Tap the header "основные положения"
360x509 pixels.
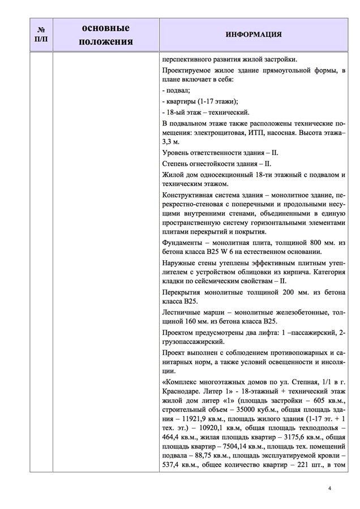pyautogui.click(x=106, y=34)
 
